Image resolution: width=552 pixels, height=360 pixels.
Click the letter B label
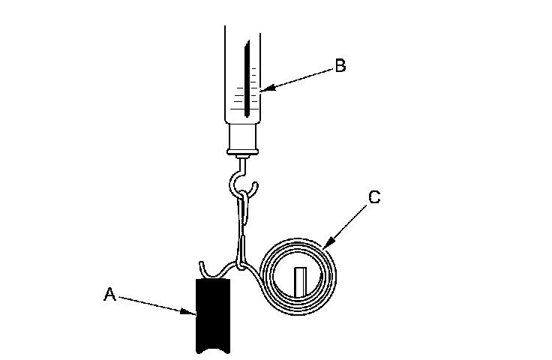coord(340,66)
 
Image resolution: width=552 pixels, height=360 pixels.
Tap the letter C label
coord(374,197)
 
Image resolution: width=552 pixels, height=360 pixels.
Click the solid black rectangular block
coord(215,315)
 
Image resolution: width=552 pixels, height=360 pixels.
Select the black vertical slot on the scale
coord(245,82)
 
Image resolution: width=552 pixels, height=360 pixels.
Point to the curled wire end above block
coord(205,268)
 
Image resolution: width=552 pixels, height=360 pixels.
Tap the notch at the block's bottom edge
coord(215,349)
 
